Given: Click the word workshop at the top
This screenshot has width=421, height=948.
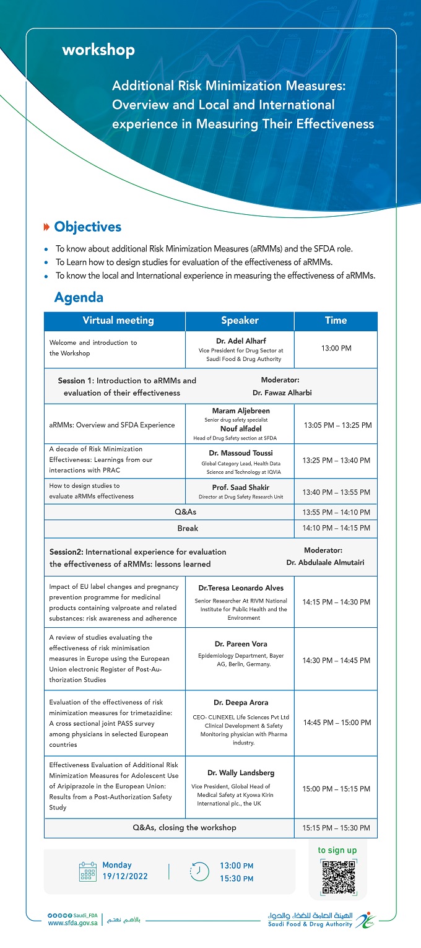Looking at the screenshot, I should tap(98, 50).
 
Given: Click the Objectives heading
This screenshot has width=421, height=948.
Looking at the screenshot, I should tap(87, 227).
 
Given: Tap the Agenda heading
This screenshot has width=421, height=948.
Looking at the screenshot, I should tap(79, 298).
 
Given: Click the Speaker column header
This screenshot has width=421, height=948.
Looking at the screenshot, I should tap(240, 321).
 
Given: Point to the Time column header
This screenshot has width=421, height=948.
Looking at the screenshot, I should tap(336, 321).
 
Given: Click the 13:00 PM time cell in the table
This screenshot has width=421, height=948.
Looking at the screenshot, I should tap(336, 349).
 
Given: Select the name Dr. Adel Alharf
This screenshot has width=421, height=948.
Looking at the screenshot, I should tap(240, 341).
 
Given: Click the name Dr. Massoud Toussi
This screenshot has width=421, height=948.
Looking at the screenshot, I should tap(240, 453).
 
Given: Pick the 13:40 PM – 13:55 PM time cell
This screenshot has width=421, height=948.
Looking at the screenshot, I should tap(336, 492).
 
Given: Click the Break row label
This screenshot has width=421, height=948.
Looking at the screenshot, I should tap(188, 529).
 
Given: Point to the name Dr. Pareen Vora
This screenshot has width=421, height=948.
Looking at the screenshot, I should tap(240, 644).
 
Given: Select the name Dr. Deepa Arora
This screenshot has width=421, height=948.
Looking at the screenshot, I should tap(240, 702).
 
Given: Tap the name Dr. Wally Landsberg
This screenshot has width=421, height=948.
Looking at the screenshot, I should tap(240, 773).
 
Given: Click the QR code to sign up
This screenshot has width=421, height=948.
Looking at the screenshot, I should tap(337, 876).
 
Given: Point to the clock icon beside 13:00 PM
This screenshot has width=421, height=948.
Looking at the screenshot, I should tap(199, 871).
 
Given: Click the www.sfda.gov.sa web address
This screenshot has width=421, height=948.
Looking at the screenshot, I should tap(72, 923).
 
